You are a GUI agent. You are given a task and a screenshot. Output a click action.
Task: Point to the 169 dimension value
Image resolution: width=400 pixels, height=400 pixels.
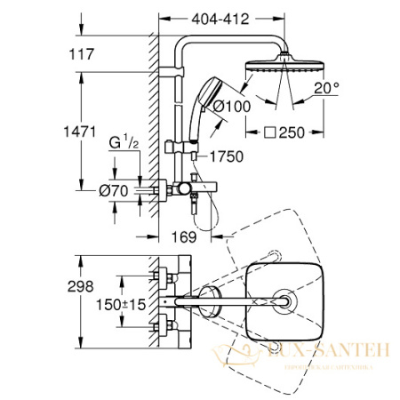[180, 237]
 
